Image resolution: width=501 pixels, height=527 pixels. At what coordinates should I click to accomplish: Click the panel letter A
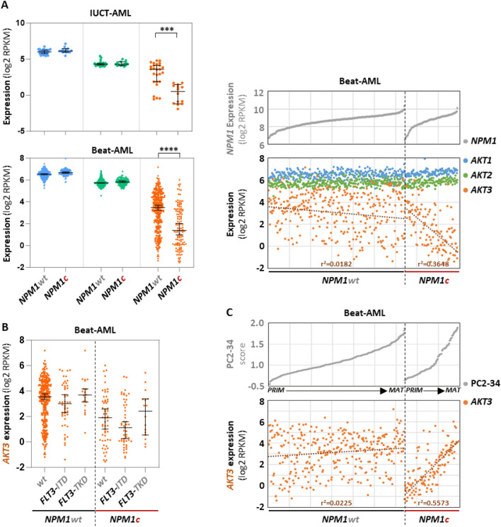click(x=6, y=6)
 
